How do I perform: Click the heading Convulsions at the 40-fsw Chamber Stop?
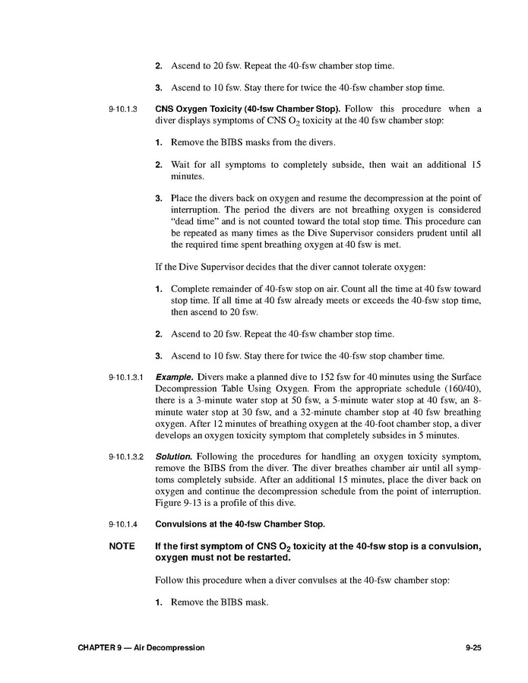pyautogui.click(x=240, y=524)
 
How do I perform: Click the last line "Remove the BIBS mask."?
pyautogui.click(x=220, y=603)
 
